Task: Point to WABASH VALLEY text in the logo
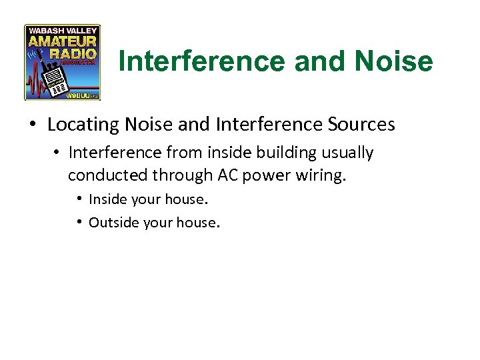[x=62, y=30]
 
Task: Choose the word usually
[x=348, y=153]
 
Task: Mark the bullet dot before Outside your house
[x=80, y=222]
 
